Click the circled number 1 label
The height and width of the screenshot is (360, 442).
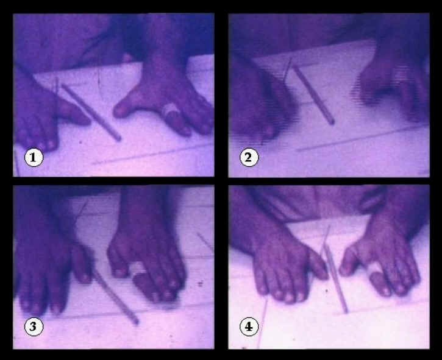tap(34, 158)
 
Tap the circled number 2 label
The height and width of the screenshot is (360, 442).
tap(249, 157)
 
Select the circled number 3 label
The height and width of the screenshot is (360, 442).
tap(34, 326)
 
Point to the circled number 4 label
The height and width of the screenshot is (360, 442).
tap(249, 326)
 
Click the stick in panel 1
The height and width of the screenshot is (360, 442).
tap(91, 112)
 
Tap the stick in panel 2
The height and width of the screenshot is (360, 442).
tap(313, 94)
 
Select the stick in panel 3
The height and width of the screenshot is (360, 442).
tap(115, 296)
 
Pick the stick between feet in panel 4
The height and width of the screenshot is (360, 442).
tap(336, 279)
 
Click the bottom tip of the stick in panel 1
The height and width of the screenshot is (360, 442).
tap(119, 139)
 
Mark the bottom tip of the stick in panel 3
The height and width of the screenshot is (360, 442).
tap(136, 322)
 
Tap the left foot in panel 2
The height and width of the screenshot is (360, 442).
tap(262, 104)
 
